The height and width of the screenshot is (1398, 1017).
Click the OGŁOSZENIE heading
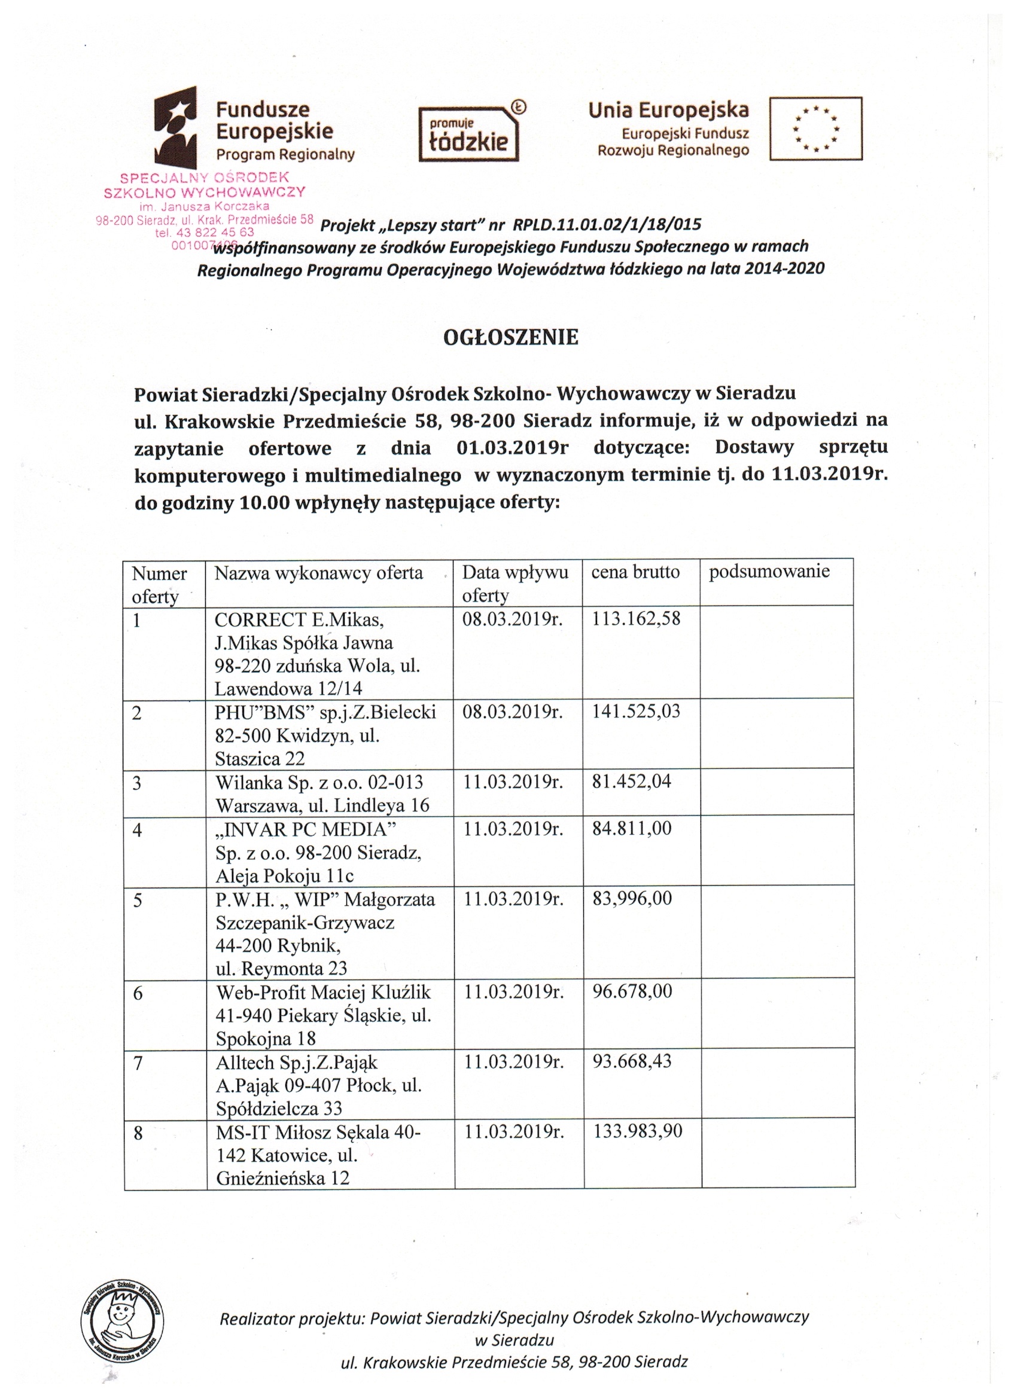click(511, 337)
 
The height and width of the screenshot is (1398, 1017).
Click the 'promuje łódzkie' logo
click(469, 134)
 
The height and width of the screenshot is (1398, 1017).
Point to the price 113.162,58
click(636, 618)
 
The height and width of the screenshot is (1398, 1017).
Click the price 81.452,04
click(632, 782)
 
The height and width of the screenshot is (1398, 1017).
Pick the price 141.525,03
click(636, 712)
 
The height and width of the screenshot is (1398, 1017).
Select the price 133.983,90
click(637, 1131)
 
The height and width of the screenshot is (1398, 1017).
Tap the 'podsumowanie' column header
click(769, 572)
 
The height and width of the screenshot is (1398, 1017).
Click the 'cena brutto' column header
click(635, 572)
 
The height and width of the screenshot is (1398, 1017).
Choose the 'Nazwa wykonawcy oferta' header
click(318, 573)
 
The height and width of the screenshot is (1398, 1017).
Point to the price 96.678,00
click(632, 991)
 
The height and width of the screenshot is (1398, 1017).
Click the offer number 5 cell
click(138, 901)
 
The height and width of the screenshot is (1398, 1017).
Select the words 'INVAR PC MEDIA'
click(306, 830)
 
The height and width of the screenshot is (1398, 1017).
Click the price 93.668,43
click(632, 1061)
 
